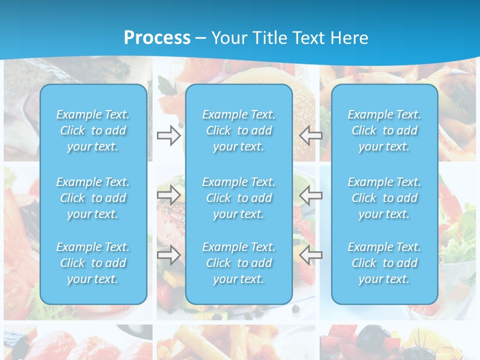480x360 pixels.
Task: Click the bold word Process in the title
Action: tap(157, 38)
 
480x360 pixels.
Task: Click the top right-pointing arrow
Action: tap(168, 135)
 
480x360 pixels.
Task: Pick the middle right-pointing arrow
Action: tap(168, 195)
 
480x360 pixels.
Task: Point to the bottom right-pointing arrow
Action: tap(168, 255)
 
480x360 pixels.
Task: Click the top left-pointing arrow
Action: tap(310, 135)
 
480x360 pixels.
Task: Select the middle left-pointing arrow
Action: tap(310, 195)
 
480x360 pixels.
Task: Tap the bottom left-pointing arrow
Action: tap(310, 255)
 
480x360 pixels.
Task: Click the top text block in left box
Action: tap(93, 130)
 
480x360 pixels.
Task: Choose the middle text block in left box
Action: tap(93, 198)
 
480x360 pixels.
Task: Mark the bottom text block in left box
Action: tap(93, 263)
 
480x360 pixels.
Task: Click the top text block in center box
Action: tap(239, 130)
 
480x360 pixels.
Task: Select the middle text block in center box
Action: tap(239, 198)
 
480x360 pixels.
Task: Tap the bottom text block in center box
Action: tap(239, 263)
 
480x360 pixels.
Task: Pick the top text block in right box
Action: tap(384, 130)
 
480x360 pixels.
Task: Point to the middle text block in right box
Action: tap(384, 198)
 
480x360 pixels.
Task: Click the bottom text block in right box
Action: tap(384, 263)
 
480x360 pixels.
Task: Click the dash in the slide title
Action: tap(201, 38)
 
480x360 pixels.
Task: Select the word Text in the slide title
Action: tap(308, 38)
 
